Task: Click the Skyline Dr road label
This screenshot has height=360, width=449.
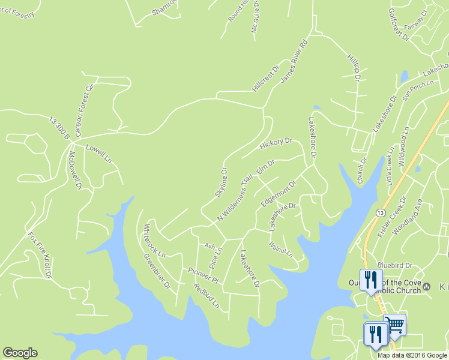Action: click(x=221, y=182)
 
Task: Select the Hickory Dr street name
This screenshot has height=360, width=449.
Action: click(x=276, y=144)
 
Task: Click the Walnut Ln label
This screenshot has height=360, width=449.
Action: click(x=281, y=249)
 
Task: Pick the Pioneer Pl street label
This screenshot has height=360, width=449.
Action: click(x=203, y=275)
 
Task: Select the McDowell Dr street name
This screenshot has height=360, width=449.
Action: click(x=74, y=170)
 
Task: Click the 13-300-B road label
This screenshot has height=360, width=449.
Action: click(x=59, y=129)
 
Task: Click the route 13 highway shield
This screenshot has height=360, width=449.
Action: click(x=380, y=213)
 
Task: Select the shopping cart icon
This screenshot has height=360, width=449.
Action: click(x=394, y=325)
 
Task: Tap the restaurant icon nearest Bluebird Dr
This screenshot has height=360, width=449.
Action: click(x=370, y=280)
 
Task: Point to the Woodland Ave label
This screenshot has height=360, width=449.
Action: click(x=406, y=216)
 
